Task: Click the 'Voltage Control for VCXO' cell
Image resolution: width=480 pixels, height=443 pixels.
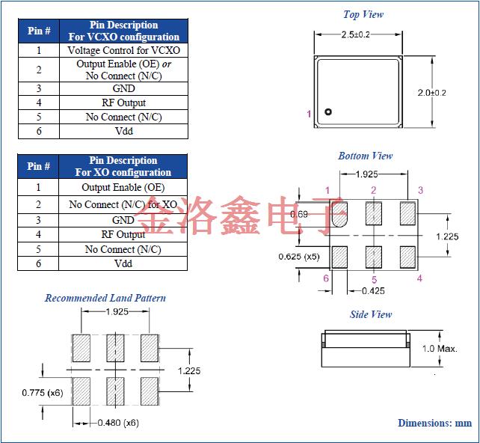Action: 123,50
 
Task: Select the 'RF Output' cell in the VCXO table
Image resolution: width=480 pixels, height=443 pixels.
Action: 123,103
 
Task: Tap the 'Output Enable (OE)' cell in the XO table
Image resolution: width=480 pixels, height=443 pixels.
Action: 123,187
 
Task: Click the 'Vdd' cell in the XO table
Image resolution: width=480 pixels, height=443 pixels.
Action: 123,263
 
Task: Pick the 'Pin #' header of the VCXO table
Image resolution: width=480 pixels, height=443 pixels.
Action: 39,31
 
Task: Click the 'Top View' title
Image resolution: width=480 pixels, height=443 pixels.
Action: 363,14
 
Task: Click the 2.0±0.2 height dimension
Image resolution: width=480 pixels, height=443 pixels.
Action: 432,93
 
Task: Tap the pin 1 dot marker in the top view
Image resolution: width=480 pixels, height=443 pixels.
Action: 327,113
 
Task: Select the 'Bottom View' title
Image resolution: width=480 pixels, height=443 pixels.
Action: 366,156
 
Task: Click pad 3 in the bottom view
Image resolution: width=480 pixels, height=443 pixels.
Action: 407,213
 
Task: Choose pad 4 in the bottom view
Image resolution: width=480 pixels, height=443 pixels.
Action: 407,257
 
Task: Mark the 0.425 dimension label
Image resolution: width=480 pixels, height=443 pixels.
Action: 373,290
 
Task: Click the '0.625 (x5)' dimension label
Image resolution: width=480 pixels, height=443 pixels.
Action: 298,257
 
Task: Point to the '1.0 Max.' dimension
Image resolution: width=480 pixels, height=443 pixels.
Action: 440,349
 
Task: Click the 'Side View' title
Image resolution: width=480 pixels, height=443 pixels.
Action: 371,314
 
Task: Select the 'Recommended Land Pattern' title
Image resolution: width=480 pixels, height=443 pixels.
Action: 105,298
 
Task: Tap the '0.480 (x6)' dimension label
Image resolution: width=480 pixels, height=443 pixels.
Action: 118,423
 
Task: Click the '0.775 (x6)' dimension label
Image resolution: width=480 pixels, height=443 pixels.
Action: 43,392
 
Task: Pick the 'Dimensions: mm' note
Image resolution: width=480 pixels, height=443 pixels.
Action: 434,423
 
